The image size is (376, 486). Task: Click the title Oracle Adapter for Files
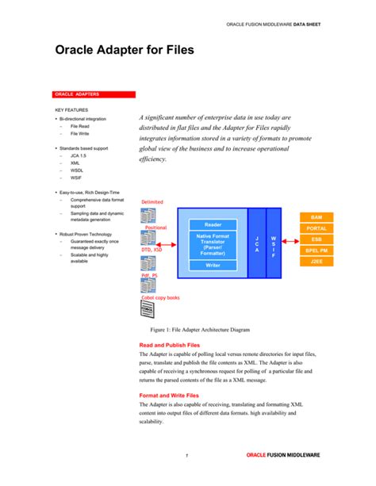click(x=124, y=51)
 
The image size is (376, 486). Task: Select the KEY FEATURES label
click(x=71, y=109)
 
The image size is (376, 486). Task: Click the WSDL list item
click(x=78, y=170)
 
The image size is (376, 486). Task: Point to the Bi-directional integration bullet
click(x=82, y=119)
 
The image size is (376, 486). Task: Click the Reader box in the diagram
click(x=213, y=224)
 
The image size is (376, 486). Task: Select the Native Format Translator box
click(x=213, y=245)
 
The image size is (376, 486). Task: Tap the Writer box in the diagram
click(x=213, y=266)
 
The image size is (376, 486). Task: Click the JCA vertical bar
click(x=256, y=244)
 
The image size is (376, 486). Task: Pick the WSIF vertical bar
click(x=274, y=244)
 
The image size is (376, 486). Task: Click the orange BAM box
click(x=316, y=216)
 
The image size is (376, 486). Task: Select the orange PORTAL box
click(x=316, y=228)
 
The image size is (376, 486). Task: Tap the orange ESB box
click(x=316, y=239)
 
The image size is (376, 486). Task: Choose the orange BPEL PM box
click(x=316, y=251)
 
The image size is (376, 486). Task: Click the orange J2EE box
click(x=316, y=262)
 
